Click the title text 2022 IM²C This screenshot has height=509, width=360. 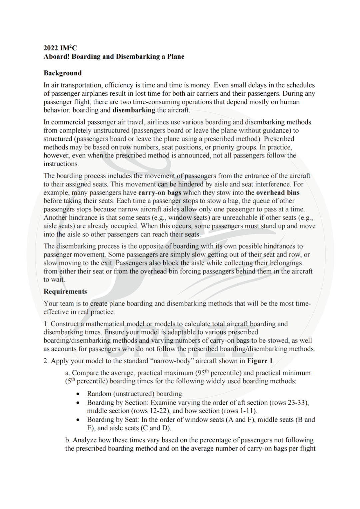click(x=60, y=48)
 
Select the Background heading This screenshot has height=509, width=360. click(x=62, y=73)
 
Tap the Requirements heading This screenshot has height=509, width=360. click(x=65, y=292)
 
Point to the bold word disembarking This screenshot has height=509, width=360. click(x=134, y=110)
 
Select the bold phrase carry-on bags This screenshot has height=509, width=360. click(x=159, y=192)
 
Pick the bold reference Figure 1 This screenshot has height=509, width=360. click(x=260, y=361)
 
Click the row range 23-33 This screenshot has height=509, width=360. click(x=298, y=403)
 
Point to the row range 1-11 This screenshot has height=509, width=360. click(x=247, y=411)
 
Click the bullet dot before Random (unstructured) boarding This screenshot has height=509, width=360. click(x=78, y=394)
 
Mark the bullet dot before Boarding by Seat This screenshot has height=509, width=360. click(x=78, y=420)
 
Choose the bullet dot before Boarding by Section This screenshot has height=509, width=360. click(x=78, y=403)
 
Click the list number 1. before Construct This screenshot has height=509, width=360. click(x=46, y=324)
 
